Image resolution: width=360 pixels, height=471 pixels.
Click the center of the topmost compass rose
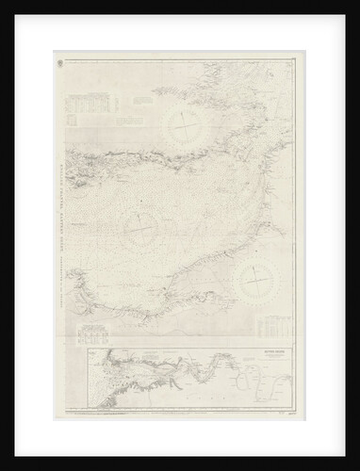click(x=185, y=122)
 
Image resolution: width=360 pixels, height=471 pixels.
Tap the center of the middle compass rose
click(x=142, y=222)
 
